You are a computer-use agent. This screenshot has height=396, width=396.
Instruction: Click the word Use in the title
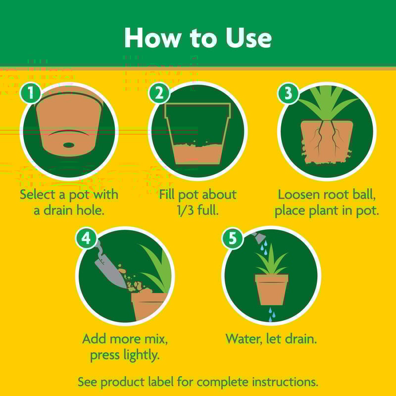(249, 38)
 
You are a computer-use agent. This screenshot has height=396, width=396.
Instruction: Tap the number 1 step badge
(31, 93)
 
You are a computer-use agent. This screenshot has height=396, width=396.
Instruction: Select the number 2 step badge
(159, 93)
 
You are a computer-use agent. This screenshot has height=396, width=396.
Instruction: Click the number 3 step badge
(288, 93)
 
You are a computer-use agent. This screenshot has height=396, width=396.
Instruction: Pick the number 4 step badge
(86, 238)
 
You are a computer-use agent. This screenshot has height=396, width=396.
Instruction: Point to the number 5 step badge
(232, 238)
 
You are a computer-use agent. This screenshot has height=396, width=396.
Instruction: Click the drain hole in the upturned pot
(69, 145)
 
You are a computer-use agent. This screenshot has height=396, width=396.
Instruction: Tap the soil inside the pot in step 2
(198, 153)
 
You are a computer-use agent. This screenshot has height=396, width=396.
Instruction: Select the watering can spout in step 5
(258, 238)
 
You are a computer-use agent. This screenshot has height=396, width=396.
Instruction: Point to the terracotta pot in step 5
(271, 290)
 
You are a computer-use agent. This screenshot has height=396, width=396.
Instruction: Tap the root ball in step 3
(327, 142)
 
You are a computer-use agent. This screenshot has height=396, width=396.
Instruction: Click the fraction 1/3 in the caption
(185, 210)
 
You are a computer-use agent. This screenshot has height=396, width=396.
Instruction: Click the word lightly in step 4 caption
(142, 355)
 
